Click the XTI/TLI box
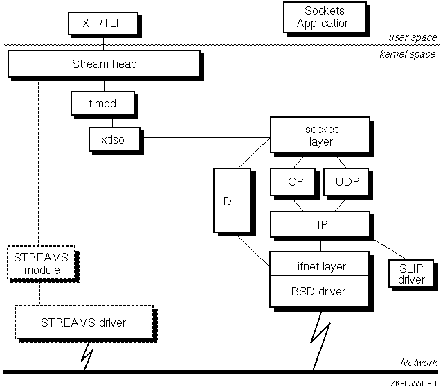tap(103, 24)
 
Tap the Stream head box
tap(104, 64)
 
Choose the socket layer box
tap(319, 135)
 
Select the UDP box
tap(346, 182)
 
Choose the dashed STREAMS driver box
tap(83, 322)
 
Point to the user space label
tap(411, 37)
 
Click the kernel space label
tap(408, 54)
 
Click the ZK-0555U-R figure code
tap(413, 381)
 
